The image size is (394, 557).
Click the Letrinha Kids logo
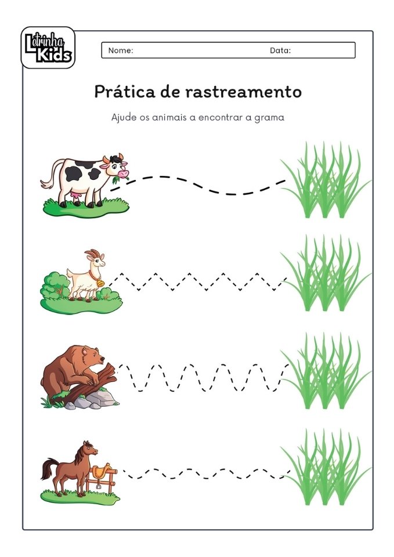pyautogui.click(x=48, y=48)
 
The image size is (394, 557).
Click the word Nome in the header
pyautogui.click(x=121, y=50)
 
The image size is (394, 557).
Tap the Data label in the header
pyautogui.click(x=280, y=50)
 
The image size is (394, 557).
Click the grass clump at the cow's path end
pyautogui.click(x=325, y=183)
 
